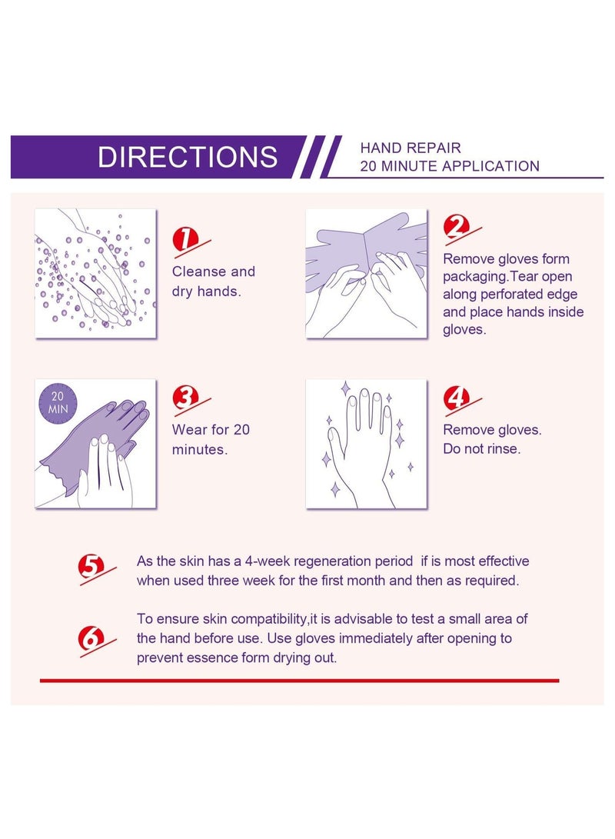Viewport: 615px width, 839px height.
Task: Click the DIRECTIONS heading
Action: pyautogui.click(x=187, y=157)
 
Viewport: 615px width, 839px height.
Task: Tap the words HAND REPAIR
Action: pyautogui.click(x=411, y=148)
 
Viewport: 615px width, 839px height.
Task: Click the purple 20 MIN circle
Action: pyautogui.click(x=57, y=403)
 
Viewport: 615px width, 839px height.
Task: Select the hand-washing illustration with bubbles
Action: pyautogui.click(x=96, y=274)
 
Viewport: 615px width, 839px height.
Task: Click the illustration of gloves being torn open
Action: pyautogui.click(x=367, y=274)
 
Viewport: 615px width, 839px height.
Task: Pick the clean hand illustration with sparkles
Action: pyautogui.click(x=367, y=444)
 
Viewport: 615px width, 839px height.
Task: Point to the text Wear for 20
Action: pyautogui.click(x=211, y=430)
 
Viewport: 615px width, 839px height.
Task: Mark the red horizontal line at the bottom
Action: pyautogui.click(x=300, y=681)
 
